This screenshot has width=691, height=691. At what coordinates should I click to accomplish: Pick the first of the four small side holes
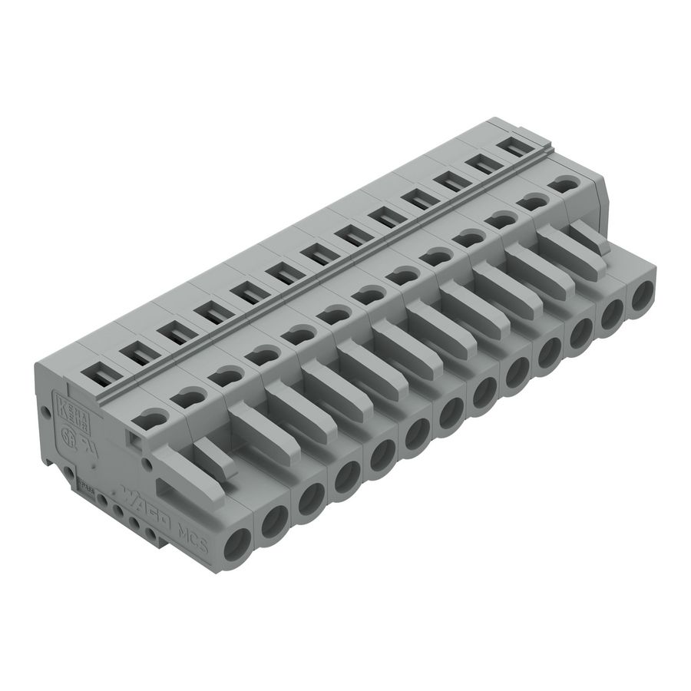101,500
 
